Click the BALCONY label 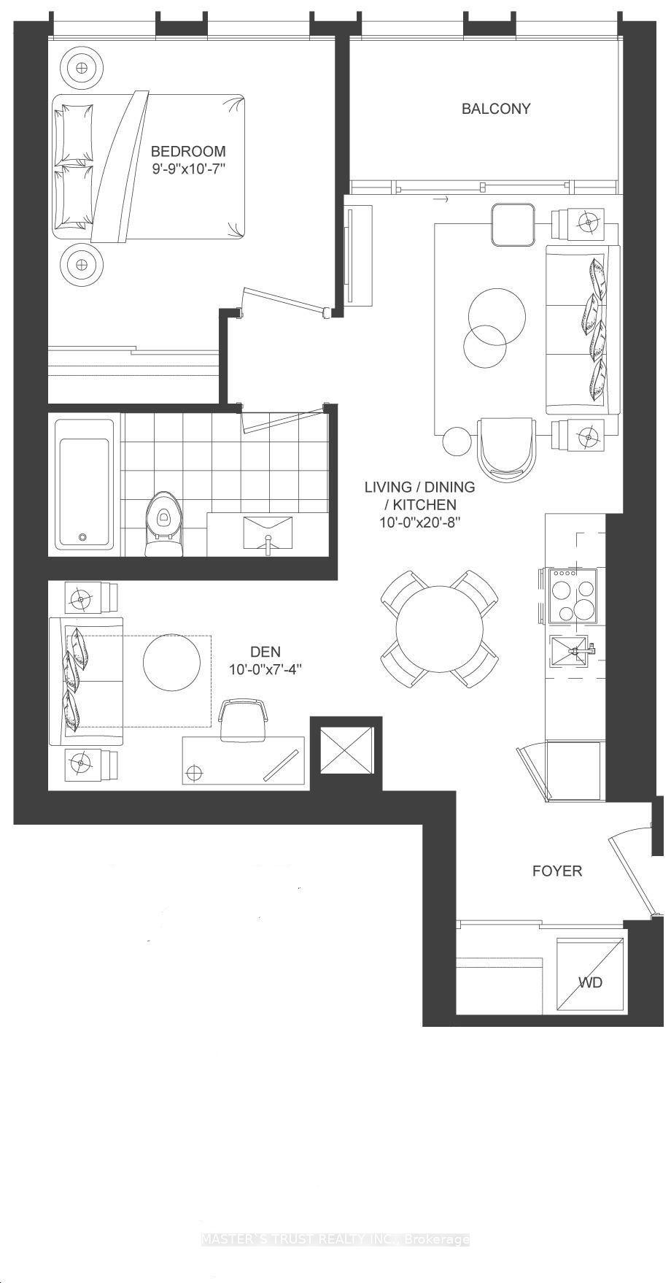point(496,109)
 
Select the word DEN point(265,652)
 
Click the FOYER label point(557,871)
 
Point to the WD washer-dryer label point(590,982)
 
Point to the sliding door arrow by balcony point(440,199)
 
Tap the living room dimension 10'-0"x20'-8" point(420,523)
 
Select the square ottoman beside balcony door point(513,225)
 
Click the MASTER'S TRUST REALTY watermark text point(335,1238)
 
